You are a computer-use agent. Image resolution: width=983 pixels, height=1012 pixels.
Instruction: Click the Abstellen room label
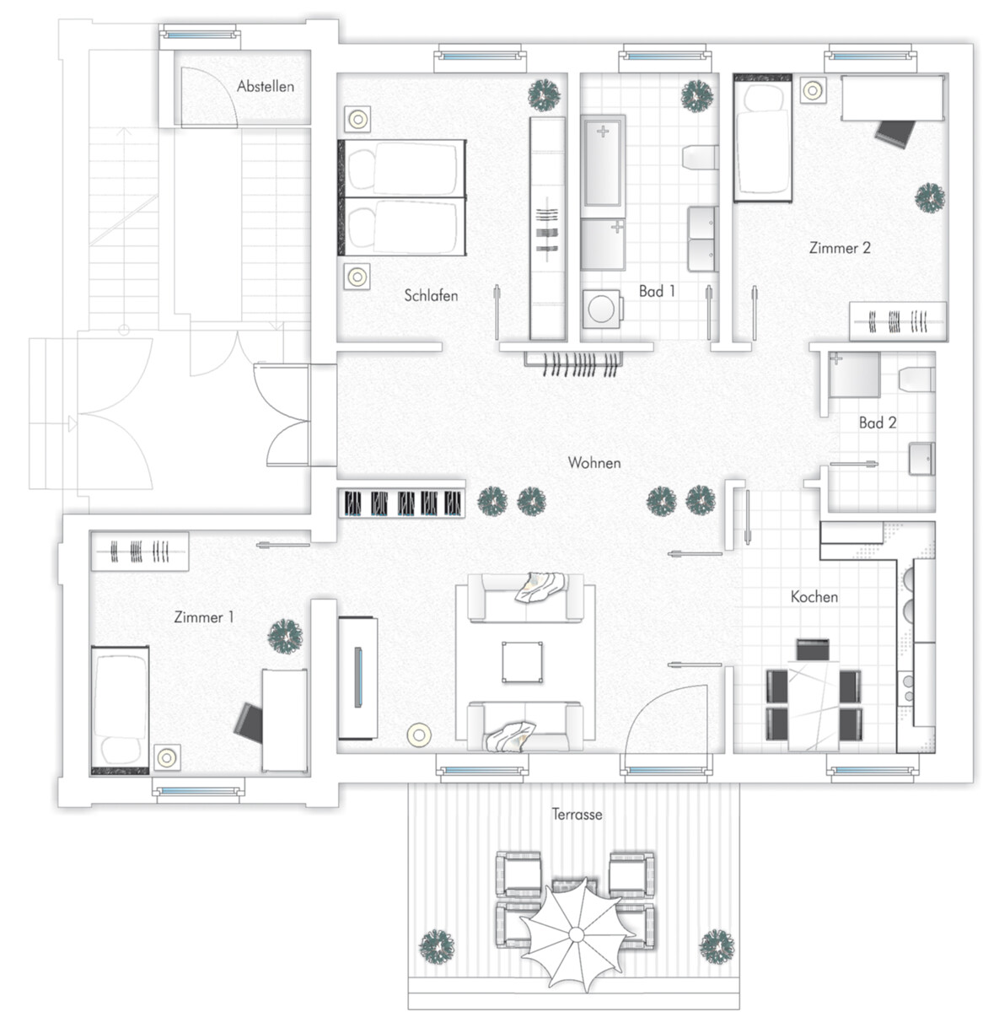click(265, 86)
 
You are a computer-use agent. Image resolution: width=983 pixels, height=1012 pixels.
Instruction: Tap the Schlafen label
click(431, 295)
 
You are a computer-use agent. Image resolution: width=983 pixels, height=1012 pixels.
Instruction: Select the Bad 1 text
click(657, 291)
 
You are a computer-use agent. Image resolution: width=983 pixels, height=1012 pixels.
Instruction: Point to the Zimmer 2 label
click(840, 248)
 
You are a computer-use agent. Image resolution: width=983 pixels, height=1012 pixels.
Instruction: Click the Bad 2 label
click(878, 423)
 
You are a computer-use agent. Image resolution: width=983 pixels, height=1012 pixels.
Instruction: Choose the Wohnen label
click(594, 462)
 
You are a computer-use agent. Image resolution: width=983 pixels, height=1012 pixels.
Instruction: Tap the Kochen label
click(814, 596)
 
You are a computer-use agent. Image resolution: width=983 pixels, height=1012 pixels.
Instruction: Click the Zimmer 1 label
click(204, 616)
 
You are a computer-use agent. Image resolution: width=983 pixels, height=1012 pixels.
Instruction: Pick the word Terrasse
click(577, 814)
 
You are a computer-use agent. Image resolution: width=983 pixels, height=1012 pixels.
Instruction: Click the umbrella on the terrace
click(576, 934)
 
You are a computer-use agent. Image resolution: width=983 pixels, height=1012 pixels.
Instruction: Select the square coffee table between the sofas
click(522, 662)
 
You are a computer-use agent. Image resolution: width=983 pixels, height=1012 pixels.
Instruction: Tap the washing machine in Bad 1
click(602, 309)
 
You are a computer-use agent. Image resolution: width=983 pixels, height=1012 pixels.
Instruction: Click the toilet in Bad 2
click(916, 379)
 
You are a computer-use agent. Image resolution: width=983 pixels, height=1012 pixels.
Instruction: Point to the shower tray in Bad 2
click(854, 375)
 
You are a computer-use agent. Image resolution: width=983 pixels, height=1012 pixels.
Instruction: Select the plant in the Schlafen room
click(544, 95)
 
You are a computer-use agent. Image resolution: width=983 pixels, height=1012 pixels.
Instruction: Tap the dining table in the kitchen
click(813, 706)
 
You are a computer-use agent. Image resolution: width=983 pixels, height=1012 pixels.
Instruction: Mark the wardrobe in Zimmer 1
click(139, 552)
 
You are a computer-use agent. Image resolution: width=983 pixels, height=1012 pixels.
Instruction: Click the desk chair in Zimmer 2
click(894, 134)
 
